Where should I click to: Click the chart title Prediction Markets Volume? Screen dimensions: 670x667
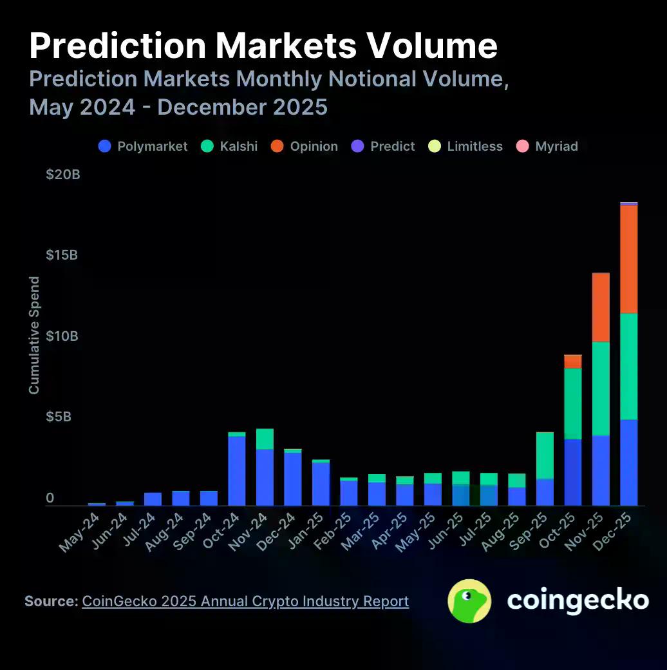[x=263, y=46]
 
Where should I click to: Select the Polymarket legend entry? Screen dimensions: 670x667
[x=143, y=146]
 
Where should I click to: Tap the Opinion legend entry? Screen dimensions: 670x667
[x=305, y=146]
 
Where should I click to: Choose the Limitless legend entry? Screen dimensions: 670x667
[x=466, y=146]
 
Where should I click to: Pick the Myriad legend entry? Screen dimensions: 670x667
[x=547, y=146]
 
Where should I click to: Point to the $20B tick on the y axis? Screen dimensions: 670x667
[x=63, y=175]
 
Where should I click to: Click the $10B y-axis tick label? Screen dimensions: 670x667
[x=63, y=336]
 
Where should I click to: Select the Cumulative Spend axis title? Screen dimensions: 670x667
[x=34, y=335]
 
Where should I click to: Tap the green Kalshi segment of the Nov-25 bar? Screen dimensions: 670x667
[x=601, y=388]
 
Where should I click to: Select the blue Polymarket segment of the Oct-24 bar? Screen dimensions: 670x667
[x=237, y=470]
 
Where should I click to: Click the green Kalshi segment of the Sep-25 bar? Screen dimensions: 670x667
[x=545, y=455]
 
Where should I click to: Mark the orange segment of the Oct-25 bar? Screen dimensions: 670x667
[x=573, y=361]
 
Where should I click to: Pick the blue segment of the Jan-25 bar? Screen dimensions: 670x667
[x=321, y=484]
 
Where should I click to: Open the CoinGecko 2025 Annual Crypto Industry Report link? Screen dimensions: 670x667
[x=245, y=601]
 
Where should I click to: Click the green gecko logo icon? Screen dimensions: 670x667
[x=469, y=601]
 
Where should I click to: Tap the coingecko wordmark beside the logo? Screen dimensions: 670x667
[x=578, y=600]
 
